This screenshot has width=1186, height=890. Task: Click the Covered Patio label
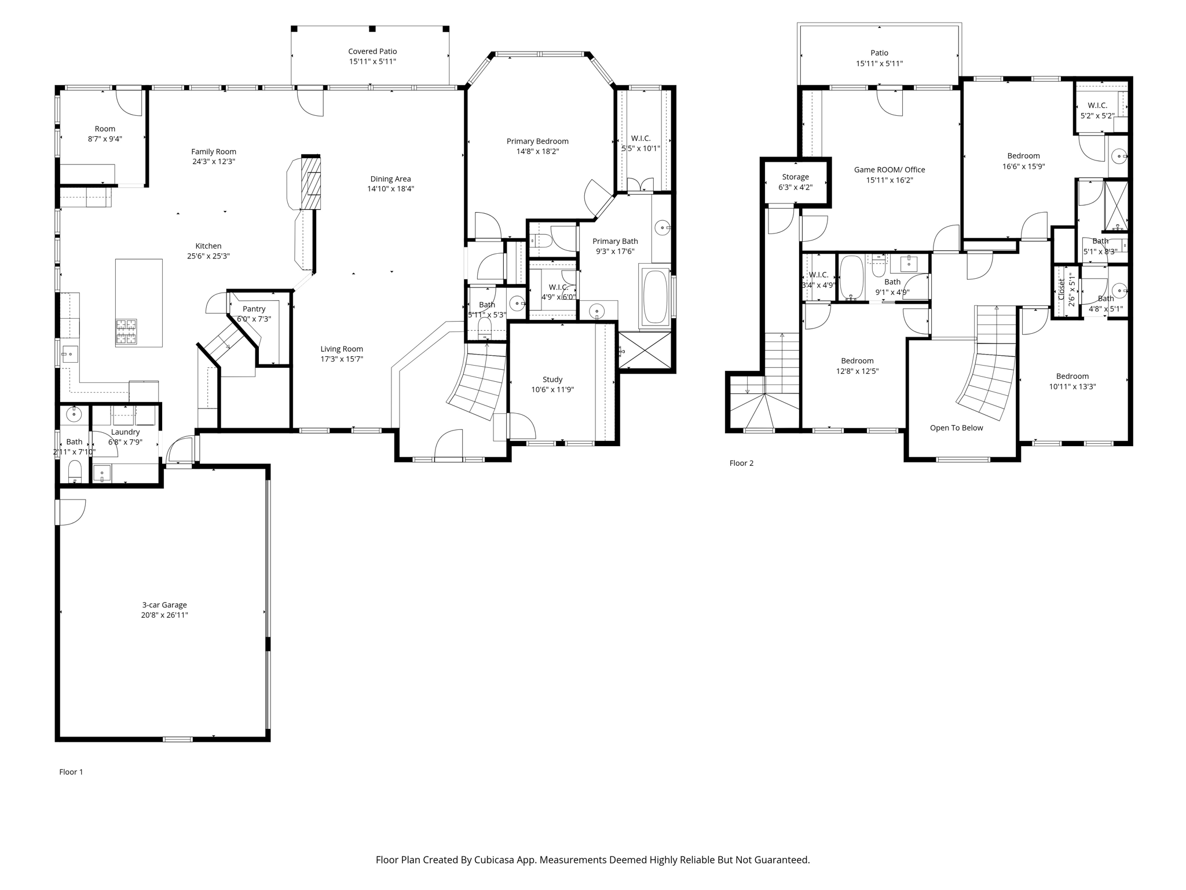[x=372, y=52]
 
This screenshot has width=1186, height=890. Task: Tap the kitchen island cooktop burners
[x=126, y=333]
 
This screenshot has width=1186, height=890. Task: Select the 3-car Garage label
[x=164, y=605]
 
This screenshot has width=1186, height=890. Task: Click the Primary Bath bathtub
[x=655, y=296]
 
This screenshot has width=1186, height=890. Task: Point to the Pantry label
[x=254, y=309]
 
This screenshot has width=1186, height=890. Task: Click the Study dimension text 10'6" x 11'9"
[x=552, y=390]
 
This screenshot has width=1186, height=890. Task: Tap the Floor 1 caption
[x=71, y=772]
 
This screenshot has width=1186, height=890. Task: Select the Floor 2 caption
[x=741, y=463]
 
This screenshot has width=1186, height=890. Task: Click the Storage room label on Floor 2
[x=795, y=177]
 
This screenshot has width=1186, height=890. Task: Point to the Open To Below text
[x=956, y=428]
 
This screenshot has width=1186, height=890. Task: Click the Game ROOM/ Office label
[x=889, y=170]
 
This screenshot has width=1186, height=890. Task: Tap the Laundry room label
[x=125, y=432]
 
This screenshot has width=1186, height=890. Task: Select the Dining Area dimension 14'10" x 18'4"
[x=390, y=189]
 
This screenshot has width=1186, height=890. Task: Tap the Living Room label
[x=342, y=349]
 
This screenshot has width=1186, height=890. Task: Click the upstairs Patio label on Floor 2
[x=879, y=53]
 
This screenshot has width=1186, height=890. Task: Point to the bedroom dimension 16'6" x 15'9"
[x=1023, y=166]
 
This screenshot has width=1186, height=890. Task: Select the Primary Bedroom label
[x=537, y=141]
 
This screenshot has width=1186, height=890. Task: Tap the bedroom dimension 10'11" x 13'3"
[x=1072, y=386]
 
